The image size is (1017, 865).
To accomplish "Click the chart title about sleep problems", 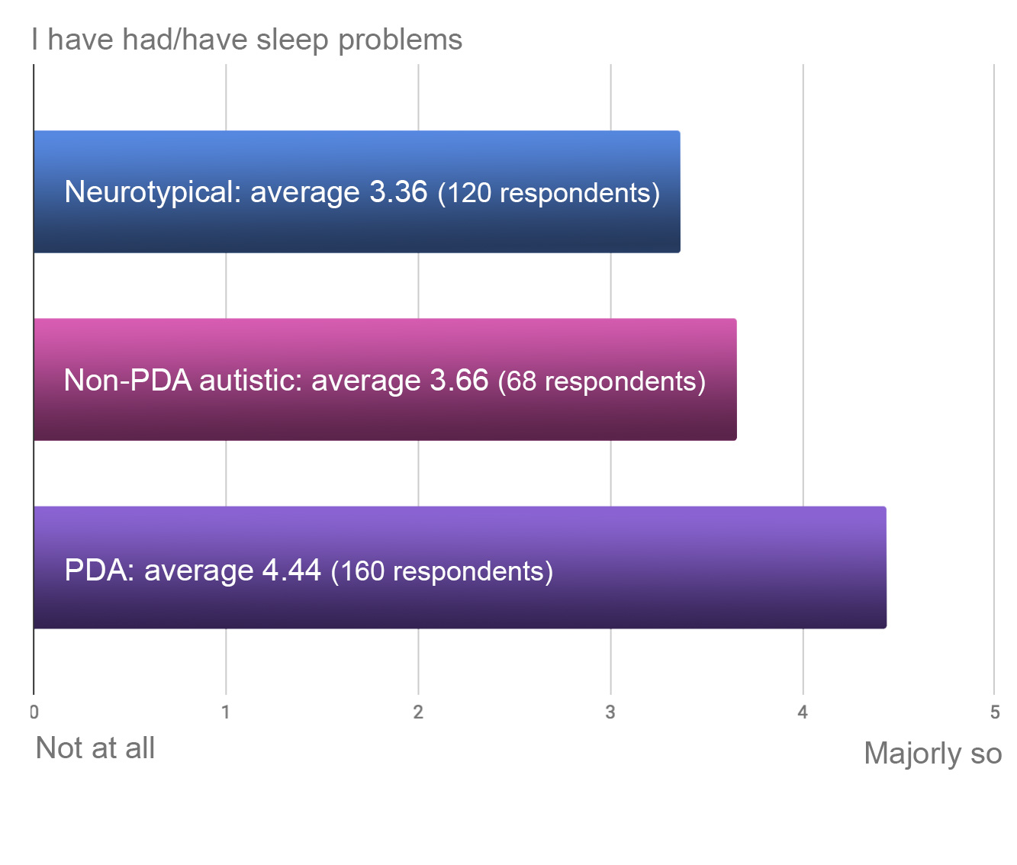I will pyautogui.click(x=247, y=40).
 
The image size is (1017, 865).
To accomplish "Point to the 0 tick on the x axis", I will pyautogui.click(x=34, y=712).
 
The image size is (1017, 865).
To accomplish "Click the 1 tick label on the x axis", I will pyautogui.click(x=226, y=712).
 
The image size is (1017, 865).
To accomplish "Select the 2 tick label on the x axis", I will pyautogui.click(x=418, y=712).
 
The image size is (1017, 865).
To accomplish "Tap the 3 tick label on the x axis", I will pyautogui.click(x=610, y=712).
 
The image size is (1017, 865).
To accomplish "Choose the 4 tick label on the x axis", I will pyautogui.click(x=803, y=712).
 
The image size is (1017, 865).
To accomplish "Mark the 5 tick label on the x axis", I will pyautogui.click(x=994, y=712).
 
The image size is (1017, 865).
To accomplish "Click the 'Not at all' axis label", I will pyautogui.click(x=95, y=748).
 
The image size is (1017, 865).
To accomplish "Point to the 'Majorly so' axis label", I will pyautogui.click(x=932, y=754).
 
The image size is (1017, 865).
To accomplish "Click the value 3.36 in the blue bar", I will pyautogui.click(x=398, y=192).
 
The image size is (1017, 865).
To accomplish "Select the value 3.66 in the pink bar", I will pyautogui.click(x=459, y=380).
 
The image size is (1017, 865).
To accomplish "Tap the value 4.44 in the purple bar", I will pyautogui.click(x=291, y=571).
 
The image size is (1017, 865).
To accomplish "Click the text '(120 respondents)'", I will pyautogui.click(x=549, y=193).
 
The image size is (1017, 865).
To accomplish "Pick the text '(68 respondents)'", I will pyautogui.click(x=602, y=381).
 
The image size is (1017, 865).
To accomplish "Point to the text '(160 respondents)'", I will pyautogui.click(x=442, y=571).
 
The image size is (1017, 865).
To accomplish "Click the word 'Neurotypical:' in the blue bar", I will pyautogui.click(x=153, y=192).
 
